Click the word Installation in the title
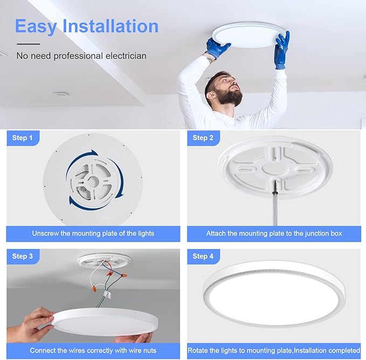(x=111, y=26)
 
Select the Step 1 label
(x=23, y=139)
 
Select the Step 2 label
(x=203, y=139)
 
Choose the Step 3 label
(x=23, y=257)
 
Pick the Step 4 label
(x=203, y=257)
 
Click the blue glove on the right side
(x=281, y=50)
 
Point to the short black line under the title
(x=28, y=44)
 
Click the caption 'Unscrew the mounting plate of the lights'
(x=93, y=233)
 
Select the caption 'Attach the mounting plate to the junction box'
(x=274, y=233)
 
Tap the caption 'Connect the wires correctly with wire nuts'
(x=93, y=350)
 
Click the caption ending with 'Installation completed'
(x=274, y=350)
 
